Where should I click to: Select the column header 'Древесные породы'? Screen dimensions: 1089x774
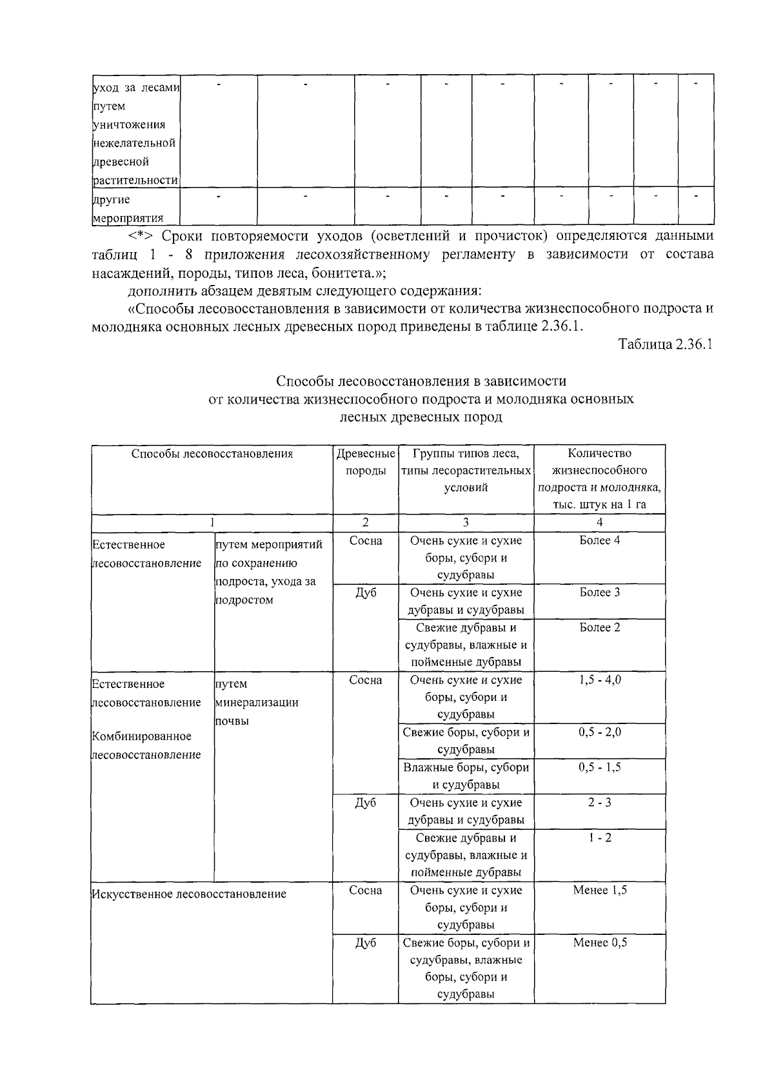click(x=365, y=462)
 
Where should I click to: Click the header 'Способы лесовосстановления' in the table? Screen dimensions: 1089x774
click(x=212, y=454)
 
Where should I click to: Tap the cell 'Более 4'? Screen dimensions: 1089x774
click(x=599, y=540)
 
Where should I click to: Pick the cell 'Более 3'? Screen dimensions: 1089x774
click(x=599, y=593)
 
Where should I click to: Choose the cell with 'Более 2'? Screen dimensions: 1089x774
click(x=599, y=627)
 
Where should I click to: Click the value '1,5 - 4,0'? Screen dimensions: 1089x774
click(x=599, y=680)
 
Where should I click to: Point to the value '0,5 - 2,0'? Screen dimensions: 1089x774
click(x=599, y=732)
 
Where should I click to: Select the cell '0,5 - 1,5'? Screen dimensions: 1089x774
click(x=599, y=767)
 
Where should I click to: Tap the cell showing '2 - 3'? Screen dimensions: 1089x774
click(x=599, y=803)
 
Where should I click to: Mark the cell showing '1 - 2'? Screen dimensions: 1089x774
click(x=599, y=838)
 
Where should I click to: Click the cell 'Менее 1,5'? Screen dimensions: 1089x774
click(x=599, y=890)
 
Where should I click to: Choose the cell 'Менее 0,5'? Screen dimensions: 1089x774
click(x=599, y=943)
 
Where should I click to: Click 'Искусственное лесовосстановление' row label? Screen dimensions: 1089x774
click(x=189, y=894)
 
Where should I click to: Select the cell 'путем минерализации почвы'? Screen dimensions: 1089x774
click(x=256, y=703)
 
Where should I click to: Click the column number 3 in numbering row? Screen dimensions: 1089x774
click(x=466, y=523)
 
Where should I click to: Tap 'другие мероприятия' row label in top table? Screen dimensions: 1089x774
click(x=127, y=209)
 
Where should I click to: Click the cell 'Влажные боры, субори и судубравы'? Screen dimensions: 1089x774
click(x=466, y=776)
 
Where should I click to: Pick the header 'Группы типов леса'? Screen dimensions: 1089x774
click(x=466, y=453)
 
